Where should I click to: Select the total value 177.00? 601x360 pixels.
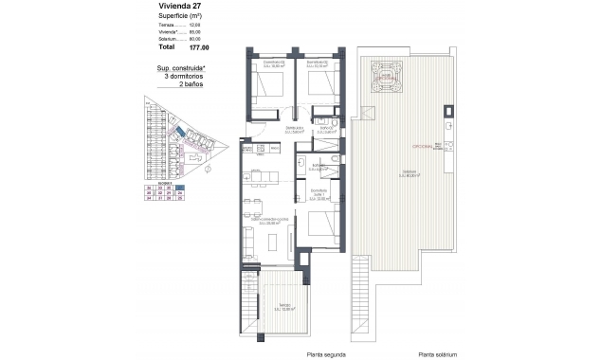pos(172,45)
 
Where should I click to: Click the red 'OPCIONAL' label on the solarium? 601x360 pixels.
pos(422,146)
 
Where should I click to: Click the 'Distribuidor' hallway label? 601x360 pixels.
pos(294,129)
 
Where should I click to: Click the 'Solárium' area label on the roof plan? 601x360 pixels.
pos(410,173)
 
